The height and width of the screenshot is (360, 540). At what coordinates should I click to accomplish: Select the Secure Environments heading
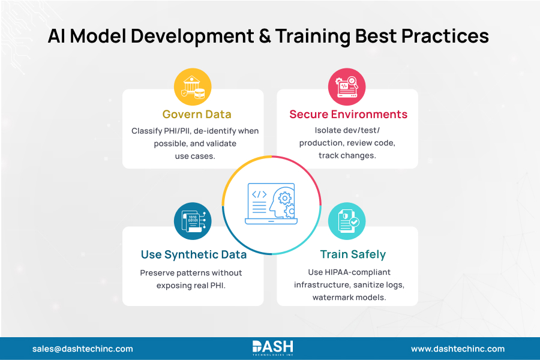348,115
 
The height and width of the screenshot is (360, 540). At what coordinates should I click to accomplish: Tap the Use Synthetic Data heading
193,254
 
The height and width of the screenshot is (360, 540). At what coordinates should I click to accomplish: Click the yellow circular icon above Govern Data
193,87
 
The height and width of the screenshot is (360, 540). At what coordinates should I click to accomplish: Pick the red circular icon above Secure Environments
347,87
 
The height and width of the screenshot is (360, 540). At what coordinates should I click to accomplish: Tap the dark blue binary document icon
193,221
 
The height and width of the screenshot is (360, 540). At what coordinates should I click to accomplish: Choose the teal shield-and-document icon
347,221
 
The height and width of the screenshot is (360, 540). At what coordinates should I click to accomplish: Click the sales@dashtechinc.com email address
83,349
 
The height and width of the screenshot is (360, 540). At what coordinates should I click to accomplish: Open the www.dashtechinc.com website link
457,349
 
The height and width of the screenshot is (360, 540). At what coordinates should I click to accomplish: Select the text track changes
347,155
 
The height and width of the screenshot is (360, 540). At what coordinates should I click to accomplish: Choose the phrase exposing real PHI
193,285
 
